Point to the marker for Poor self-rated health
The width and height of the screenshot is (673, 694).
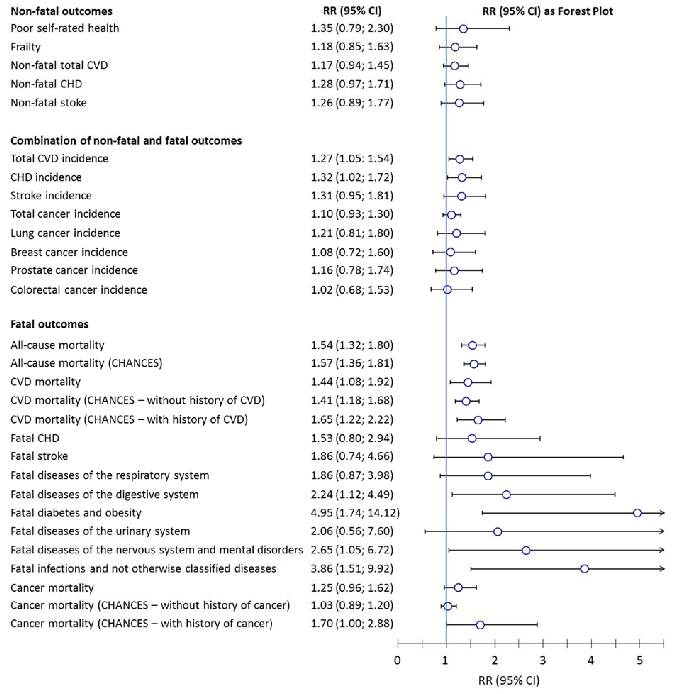(x=463, y=29)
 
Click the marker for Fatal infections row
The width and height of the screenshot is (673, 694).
(x=585, y=569)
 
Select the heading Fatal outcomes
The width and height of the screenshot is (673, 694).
(x=50, y=324)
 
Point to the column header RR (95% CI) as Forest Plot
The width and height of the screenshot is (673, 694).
(x=547, y=11)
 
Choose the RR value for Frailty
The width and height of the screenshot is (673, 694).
(x=352, y=47)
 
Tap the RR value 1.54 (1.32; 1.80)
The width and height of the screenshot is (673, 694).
(x=352, y=345)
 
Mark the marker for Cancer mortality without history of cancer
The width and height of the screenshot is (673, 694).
(x=448, y=606)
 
